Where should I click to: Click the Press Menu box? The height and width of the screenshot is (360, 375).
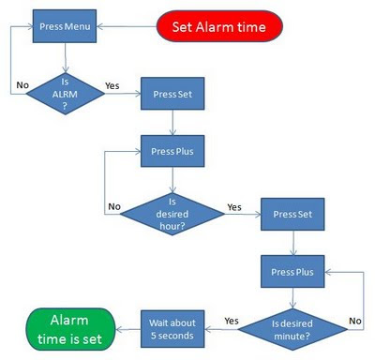pyautogui.click(x=66, y=25)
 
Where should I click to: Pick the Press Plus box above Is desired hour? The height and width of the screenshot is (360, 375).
pyautogui.click(x=171, y=150)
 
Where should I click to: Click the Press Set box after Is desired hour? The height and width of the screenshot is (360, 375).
pyautogui.click(x=292, y=215)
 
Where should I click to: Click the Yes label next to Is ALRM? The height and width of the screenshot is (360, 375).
pyautogui.click(x=112, y=85)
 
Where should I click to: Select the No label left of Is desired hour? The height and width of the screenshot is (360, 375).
pyautogui.click(x=114, y=206)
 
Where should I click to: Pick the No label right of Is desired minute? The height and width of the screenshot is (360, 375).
pyautogui.click(x=354, y=321)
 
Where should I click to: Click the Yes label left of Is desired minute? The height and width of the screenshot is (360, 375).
pyautogui.click(x=230, y=321)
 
